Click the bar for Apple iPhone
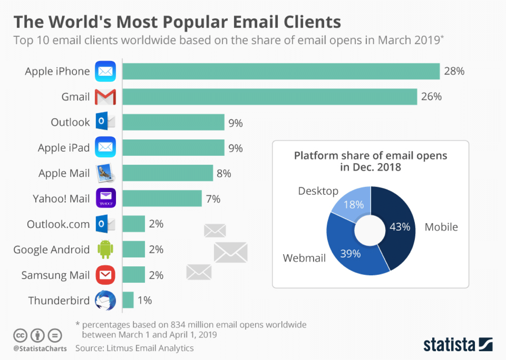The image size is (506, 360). point(281,71)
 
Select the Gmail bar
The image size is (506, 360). point(270,97)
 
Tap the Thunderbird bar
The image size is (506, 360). point(128,300)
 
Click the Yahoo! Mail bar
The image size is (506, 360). point(162,199)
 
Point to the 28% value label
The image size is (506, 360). point(454,71)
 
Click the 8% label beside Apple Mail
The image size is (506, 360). point(224,174)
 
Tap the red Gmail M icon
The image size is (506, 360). point(105,97)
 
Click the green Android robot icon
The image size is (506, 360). point(105,249)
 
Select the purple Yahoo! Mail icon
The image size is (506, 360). point(106,198)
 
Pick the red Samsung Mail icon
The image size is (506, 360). point(105,275)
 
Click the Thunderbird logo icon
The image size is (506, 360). point(105,300)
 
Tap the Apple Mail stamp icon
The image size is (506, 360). point(105,173)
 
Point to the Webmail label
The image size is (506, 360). point(304,258)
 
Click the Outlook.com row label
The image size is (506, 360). point(58,224)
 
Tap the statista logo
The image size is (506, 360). point(458,344)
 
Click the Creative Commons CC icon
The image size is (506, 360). point(20,335)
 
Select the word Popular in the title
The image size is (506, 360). point(195,22)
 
